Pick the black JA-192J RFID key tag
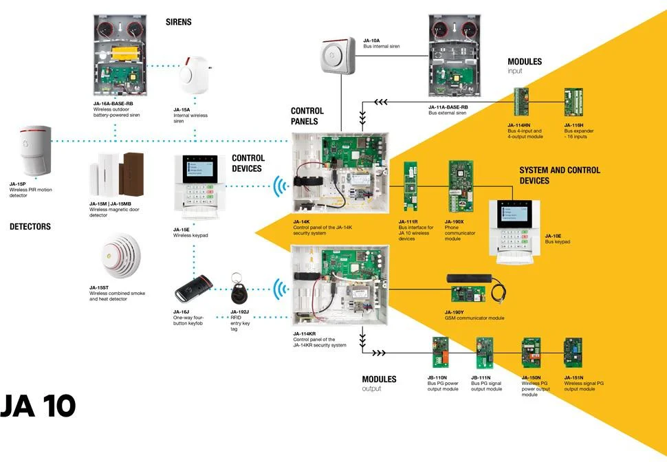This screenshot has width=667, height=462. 238,292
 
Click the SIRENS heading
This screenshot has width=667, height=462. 178,23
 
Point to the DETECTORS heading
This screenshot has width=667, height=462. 30,226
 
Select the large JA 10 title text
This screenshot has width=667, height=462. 38,406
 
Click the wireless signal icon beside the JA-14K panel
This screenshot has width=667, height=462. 280,186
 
